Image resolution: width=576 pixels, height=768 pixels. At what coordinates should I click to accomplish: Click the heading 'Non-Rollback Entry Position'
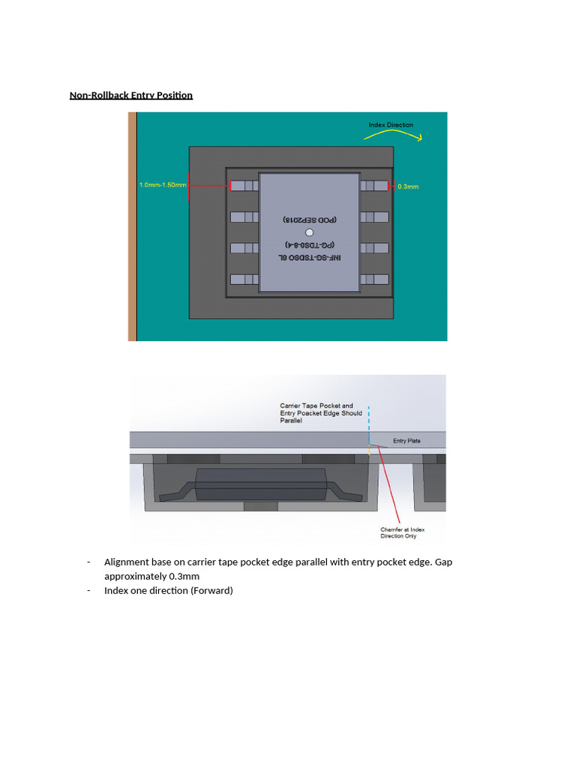click(x=131, y=95)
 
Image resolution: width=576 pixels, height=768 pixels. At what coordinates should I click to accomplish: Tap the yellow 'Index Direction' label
click(x=390, y=124)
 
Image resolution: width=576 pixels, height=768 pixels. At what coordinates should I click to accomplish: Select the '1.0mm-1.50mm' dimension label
click(x=162, y=184)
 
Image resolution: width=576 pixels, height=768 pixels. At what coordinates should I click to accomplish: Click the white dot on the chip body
click(x=310, y=233)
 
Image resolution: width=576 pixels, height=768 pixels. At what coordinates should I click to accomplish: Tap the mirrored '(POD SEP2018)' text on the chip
click(x=310, y=220)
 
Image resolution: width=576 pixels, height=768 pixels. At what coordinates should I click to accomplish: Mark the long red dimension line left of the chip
click(x=208, y=185)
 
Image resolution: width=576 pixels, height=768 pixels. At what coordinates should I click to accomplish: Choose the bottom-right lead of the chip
click(x=374, y=279)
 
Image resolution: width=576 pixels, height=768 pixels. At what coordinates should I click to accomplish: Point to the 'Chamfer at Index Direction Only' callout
click(x=403, y=533)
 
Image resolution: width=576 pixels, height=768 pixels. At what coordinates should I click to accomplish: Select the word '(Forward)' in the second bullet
click(x=211, y=591)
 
